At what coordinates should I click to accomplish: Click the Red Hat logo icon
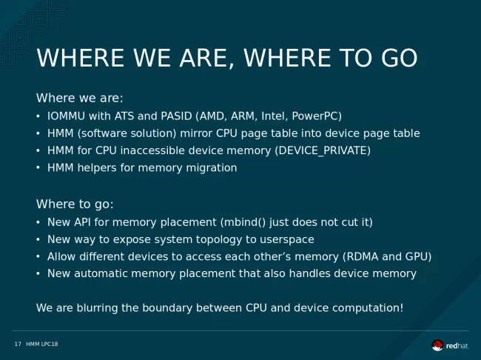tap(437, 345)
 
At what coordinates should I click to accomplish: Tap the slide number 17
tap(18, 344)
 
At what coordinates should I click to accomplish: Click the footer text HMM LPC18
tap(42, 344)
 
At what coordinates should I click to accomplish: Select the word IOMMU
tap(66, 116)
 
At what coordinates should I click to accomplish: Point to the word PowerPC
tap(317, 116)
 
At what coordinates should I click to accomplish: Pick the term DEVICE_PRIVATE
tap(323, 151)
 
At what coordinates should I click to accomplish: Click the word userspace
tap(287, 240)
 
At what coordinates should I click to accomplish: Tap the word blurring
tap(97, 308)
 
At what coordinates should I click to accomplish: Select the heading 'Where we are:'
tap(79, 99)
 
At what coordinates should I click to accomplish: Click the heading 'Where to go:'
tap(75, 204)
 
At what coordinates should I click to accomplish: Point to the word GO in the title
tap(399, 58)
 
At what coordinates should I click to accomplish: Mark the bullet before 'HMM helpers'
tap(38, 167)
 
